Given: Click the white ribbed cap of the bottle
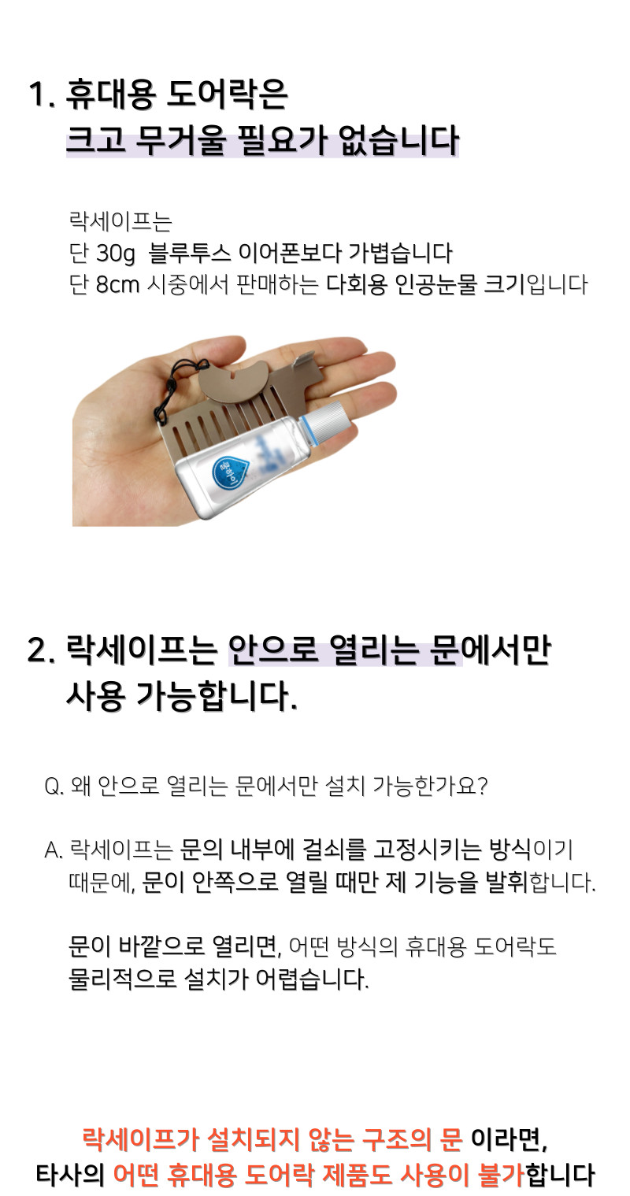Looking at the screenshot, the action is (329, 415).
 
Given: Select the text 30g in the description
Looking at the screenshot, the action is (116, 253).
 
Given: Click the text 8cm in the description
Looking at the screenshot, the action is (117, 284).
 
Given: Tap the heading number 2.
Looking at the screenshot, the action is (41, 650).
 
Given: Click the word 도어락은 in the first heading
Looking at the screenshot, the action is (227, 95).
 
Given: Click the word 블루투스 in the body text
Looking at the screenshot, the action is (190, 253).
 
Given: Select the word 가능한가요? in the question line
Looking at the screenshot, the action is (430, 787).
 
